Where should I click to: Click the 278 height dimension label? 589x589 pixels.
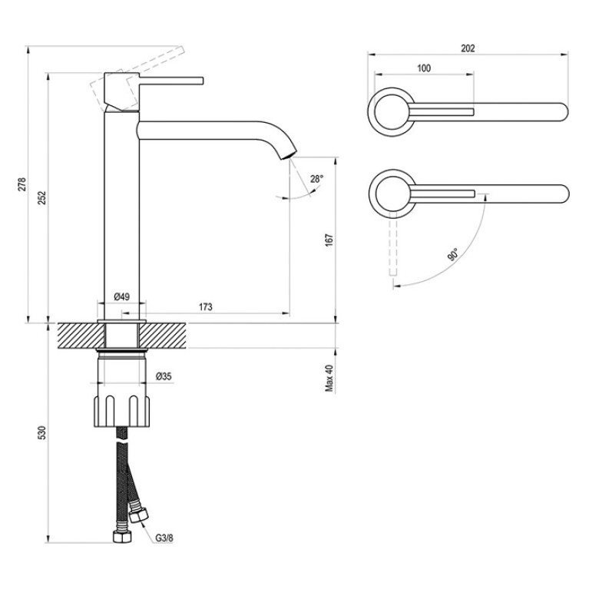tap(22, 184)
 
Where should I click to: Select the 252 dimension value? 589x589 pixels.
tap(42, 198)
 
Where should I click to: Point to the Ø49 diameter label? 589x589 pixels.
tap(121, 296)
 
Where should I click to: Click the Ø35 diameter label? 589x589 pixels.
tap(164, 376)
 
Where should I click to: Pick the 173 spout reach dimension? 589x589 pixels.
tap(206, 307)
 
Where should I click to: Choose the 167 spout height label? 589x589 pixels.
tap(329, 240)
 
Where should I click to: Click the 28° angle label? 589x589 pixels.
tap(316, 179)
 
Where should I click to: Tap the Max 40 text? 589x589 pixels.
tap(329, 379)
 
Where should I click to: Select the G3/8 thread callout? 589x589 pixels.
tap(164, 538)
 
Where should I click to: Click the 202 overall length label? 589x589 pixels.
tap(468, 48)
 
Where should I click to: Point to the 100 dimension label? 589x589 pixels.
tap(424, 68)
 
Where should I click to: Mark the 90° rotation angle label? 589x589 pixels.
tap(453, 254)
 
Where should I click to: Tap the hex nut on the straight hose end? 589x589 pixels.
tap(122, 537)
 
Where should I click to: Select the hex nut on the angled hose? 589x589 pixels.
tap(138, 515)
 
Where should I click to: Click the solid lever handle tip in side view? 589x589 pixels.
tap(202, 81)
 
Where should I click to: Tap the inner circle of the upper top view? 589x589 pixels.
tap(391, 112)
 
